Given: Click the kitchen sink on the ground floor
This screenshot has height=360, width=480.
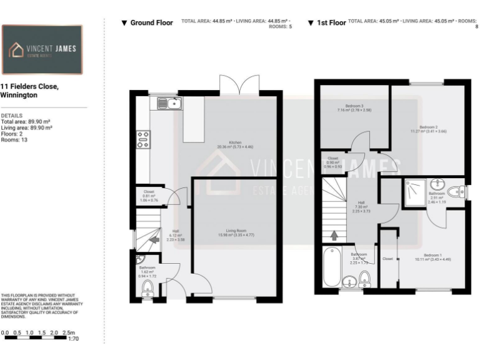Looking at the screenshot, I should tap(169, 102).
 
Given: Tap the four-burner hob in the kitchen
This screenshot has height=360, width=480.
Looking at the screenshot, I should tap(142, 139).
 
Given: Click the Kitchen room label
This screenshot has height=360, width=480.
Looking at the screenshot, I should tap(235, 142).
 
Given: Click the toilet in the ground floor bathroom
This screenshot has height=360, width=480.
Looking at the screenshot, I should tap(148, 287).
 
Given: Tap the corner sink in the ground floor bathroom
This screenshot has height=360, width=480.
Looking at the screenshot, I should tap(139, 259).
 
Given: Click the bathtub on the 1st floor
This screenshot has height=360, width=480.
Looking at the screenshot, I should tap(332, 267).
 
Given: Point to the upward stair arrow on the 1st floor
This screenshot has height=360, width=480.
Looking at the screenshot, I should tap(333, 236).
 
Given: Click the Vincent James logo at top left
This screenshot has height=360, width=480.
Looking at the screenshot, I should tap(42, 50).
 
